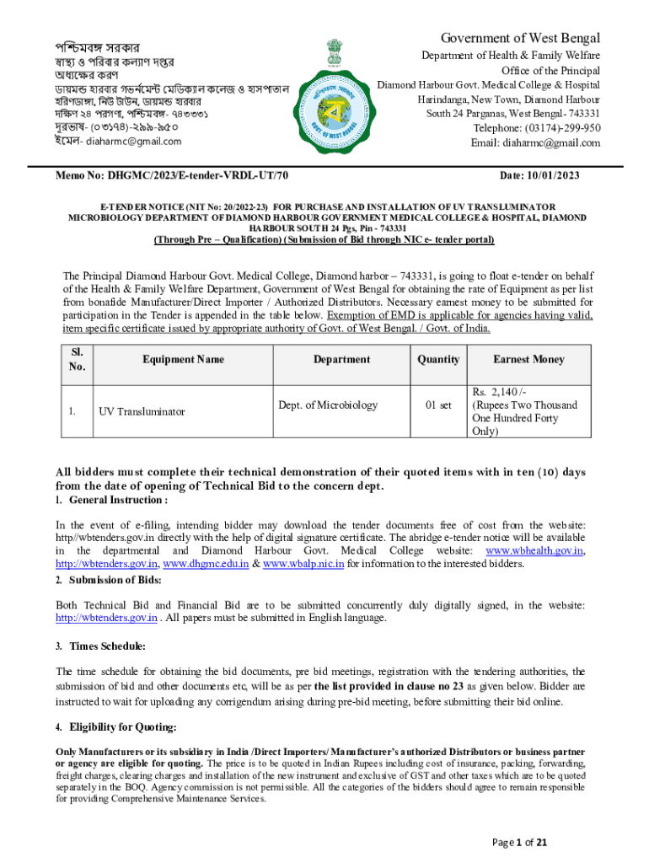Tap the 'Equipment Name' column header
pyautogui.click(x=183, y=359)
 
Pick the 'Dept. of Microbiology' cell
pyautogui.click(x=328, y=405)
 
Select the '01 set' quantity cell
pyautogui.click(x=438, y=405)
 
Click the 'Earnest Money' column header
pyautogui.click(x=528, y=359)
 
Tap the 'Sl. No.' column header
pyautogui.click(x=77, y=359)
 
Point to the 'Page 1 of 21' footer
pyautogui.click(x=520, y=842)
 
